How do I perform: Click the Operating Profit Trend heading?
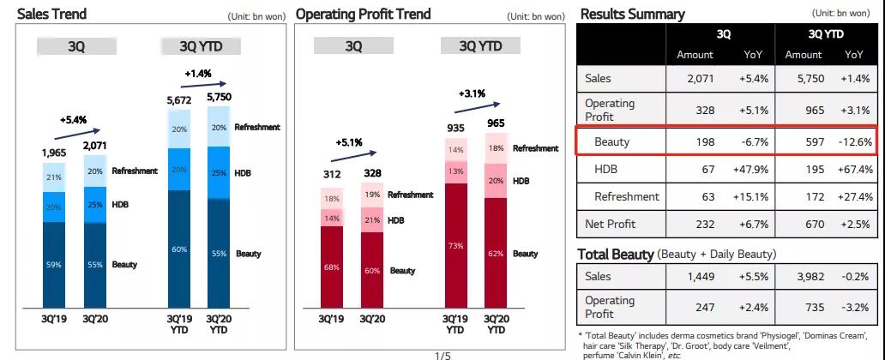pos(363,15)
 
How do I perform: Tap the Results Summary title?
pos(633,15)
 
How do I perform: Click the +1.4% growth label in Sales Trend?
pos(197,74)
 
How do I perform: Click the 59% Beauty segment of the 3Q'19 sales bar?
pos(54,265)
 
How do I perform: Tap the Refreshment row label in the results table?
pos(627,196)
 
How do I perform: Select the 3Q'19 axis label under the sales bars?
pos(54,319)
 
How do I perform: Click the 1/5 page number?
pos(442,354)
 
